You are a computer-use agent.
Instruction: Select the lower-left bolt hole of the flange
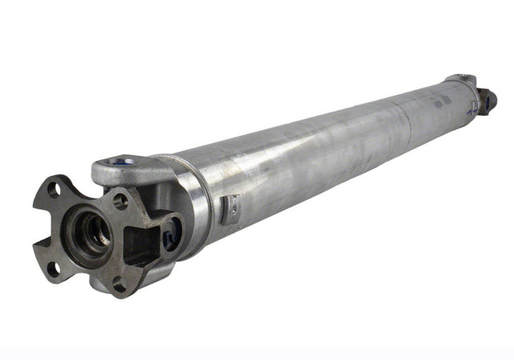[54, 268]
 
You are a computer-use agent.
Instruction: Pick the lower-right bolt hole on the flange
[120, 284]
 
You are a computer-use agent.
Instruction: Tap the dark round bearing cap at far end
[489, 100]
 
